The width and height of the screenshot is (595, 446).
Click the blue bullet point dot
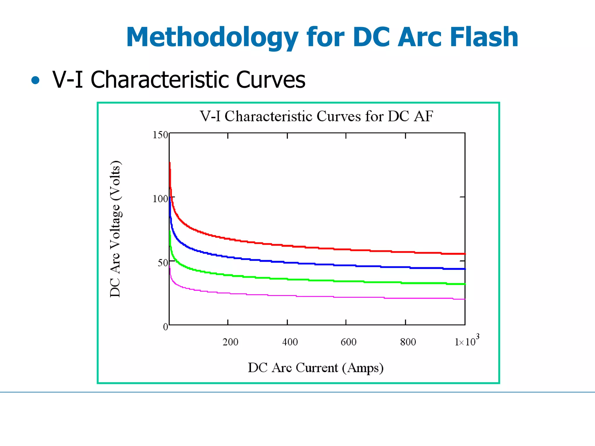[x=35, y=80]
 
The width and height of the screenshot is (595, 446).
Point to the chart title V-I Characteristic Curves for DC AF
[x=316, y=116]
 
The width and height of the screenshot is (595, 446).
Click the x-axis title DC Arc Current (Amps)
[x=316, y=368]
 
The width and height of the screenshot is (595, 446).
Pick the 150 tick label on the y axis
[x=160, y=135]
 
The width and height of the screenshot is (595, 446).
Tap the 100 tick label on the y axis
[x=160, y=199]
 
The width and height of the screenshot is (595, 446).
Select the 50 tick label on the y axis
[x=163, y=263]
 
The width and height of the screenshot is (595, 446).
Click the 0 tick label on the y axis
[x=165, y=327]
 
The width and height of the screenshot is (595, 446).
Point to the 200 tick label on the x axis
[x=230, y=342]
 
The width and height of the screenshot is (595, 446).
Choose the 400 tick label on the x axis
[x=290, y=342]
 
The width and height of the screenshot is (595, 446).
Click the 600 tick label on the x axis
[x=348, y=342]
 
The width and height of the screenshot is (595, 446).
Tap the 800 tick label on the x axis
[x=408, y=342]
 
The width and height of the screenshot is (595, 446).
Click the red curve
[x=291, y=246]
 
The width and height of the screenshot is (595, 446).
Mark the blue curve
[x=291, y=263]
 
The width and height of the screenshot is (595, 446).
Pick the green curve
[x=291, y=279]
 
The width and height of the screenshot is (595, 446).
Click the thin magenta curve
[x=291, y=296]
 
